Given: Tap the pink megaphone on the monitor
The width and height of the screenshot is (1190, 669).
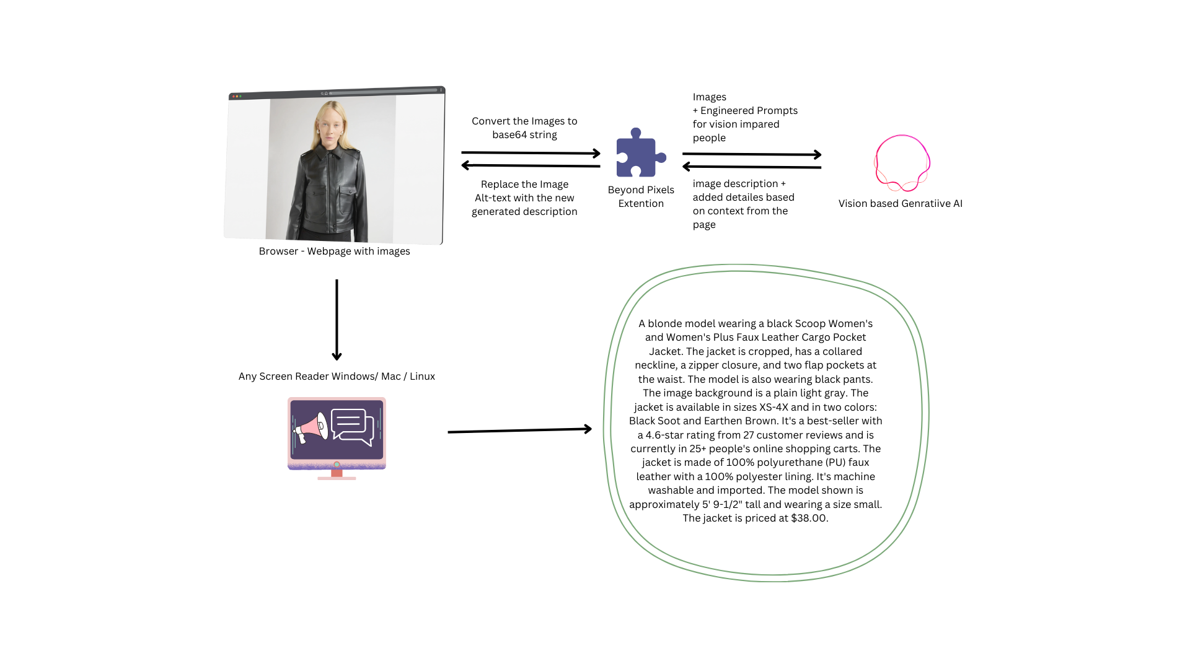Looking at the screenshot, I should point(312,427).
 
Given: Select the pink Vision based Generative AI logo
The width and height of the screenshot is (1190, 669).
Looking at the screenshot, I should point(902,163).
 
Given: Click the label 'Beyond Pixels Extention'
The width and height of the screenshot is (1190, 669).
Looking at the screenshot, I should point(641,196).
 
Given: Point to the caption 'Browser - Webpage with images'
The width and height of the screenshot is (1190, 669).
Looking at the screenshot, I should point(334,251).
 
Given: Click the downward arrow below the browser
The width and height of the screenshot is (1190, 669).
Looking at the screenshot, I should point(337,320).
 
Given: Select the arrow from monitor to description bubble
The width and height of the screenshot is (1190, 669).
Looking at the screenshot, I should point(519,430).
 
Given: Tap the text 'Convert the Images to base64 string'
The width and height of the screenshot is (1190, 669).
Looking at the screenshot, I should point(524,128).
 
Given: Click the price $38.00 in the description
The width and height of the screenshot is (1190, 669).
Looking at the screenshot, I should point(808,518).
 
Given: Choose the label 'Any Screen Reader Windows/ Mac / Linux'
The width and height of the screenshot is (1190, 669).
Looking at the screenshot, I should point(337,376).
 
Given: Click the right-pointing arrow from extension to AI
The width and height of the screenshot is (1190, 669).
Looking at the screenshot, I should point(752,154).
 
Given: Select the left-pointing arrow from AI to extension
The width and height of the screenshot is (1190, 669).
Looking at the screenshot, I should point(752,167).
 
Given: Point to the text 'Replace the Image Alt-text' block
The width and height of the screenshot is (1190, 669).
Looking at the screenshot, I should point(524,198).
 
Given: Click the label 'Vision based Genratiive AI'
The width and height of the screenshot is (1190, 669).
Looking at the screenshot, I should point(900,203).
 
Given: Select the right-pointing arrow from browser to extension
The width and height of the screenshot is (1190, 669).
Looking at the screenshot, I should point(531,152).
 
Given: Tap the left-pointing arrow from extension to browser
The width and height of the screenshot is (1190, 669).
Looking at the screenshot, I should point(531,165).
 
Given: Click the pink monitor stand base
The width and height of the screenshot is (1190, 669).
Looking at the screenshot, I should point(337,478).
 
